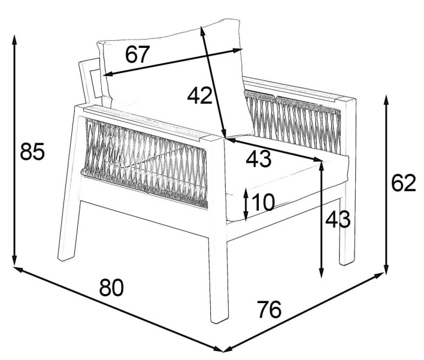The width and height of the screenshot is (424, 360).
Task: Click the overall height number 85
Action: pyautogui.click(x=32, y=151)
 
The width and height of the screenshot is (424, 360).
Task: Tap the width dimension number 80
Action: pyautogui.click(x=111, y=288)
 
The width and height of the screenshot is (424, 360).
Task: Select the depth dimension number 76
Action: pyautogui.click(x=269, y=310)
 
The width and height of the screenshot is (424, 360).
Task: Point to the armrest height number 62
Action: pyautogui.click(x=404, y=183)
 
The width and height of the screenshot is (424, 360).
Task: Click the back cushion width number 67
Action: pyautogui.click(x=137, y=54)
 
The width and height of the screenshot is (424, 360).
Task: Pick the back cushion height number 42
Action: pyautogui.click(x=200, y=95)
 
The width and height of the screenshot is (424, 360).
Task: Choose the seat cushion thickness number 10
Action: pyautogui.click(x=263, y=202)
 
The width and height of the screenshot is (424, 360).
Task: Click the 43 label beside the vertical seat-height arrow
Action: pyautogui.click(x=338, y=219)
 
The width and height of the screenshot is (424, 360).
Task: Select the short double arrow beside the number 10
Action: pyautogui.click(x=246, y=205)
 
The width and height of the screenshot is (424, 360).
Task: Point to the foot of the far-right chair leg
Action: pyautogui.click(x=347, y=262)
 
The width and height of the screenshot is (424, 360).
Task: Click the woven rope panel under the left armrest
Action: pyautogui.click(x=146, y=163)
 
